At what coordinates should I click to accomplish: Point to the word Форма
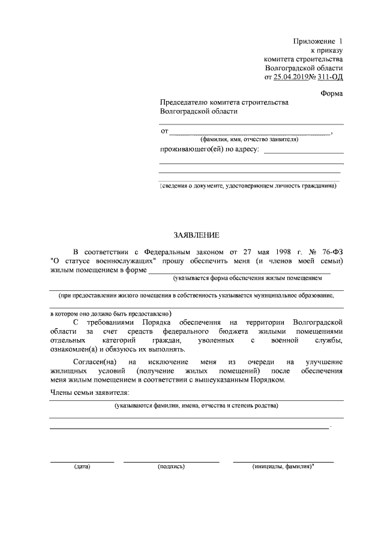tap(332, 93)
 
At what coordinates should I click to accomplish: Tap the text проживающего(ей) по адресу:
tap(209, 149)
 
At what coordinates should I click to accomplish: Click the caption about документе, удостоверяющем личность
tap(248, 186)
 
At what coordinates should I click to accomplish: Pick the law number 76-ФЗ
tap(331, 250)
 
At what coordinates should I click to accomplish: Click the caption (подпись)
tap(171, 466)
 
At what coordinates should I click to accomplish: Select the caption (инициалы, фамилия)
tap(283, 466)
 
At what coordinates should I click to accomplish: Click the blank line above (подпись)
tap(171, 461)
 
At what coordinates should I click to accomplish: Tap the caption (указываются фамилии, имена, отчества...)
tap(197, 406)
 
